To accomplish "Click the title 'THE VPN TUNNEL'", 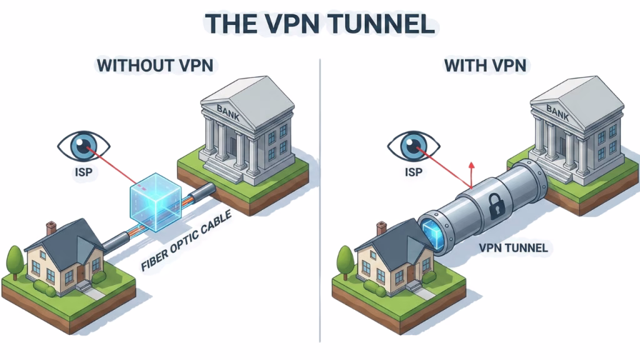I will click(x=319, y=23).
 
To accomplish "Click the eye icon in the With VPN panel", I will click(x=413, y=145).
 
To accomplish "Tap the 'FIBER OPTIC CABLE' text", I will click(x=186, y=241).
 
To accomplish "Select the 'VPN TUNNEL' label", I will click(x=512, y=248).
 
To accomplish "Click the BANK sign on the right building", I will click(x=558, y=111).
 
